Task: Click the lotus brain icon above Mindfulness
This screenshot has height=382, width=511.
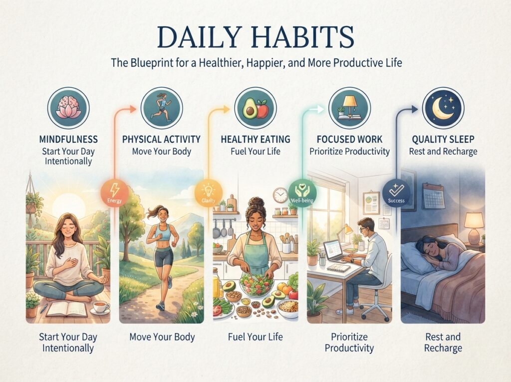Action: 68,108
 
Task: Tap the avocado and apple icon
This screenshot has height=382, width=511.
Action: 255,108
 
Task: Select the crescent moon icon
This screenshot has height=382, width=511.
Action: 443,108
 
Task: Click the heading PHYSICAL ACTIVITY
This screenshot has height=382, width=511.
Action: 161,139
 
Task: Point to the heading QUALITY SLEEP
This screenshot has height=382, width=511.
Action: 443,139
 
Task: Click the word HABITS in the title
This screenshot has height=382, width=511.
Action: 303,37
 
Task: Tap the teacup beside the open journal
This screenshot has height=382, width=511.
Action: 100,307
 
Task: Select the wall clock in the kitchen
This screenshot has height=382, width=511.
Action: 280,195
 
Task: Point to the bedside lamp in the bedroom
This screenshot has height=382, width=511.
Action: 474,227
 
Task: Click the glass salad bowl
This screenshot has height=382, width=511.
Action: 256,285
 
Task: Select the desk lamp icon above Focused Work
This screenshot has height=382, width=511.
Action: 349,108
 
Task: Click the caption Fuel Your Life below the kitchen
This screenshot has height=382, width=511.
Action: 255,337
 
